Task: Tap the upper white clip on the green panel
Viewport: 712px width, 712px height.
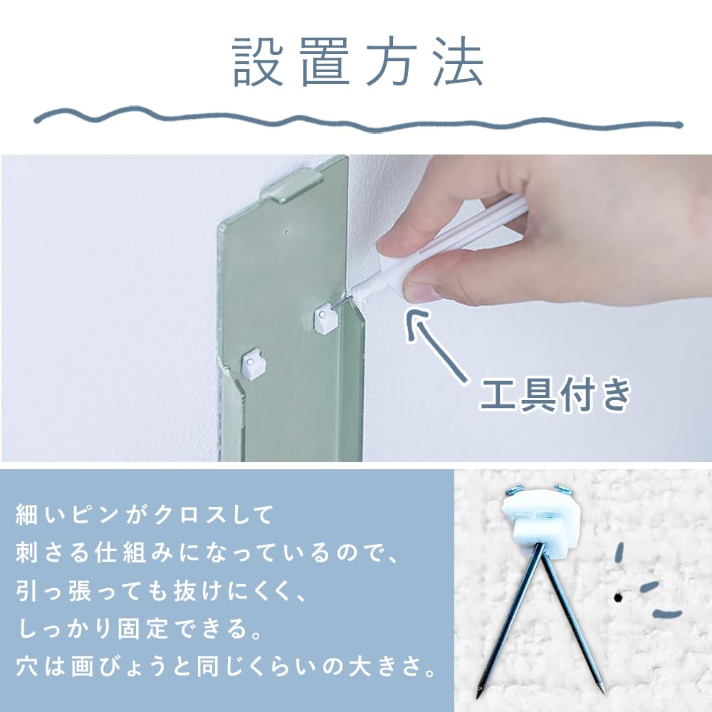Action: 325,318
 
